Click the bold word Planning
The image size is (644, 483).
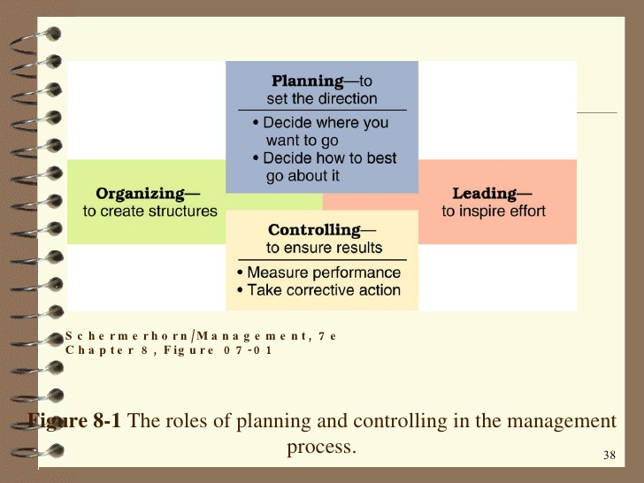click(308, 81)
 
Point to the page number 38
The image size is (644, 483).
click(608, 456)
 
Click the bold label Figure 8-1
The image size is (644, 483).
click(77, 421)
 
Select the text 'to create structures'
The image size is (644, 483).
click(149, 211)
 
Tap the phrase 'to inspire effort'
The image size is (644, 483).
click(494, 211)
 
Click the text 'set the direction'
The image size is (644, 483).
click(322, 99)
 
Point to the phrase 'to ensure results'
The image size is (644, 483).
click(324, 249)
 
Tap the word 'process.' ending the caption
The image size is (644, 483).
click(321, 447)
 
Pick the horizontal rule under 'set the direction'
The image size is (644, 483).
click(322, 110)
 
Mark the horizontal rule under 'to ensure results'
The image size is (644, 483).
click(322, 260)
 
